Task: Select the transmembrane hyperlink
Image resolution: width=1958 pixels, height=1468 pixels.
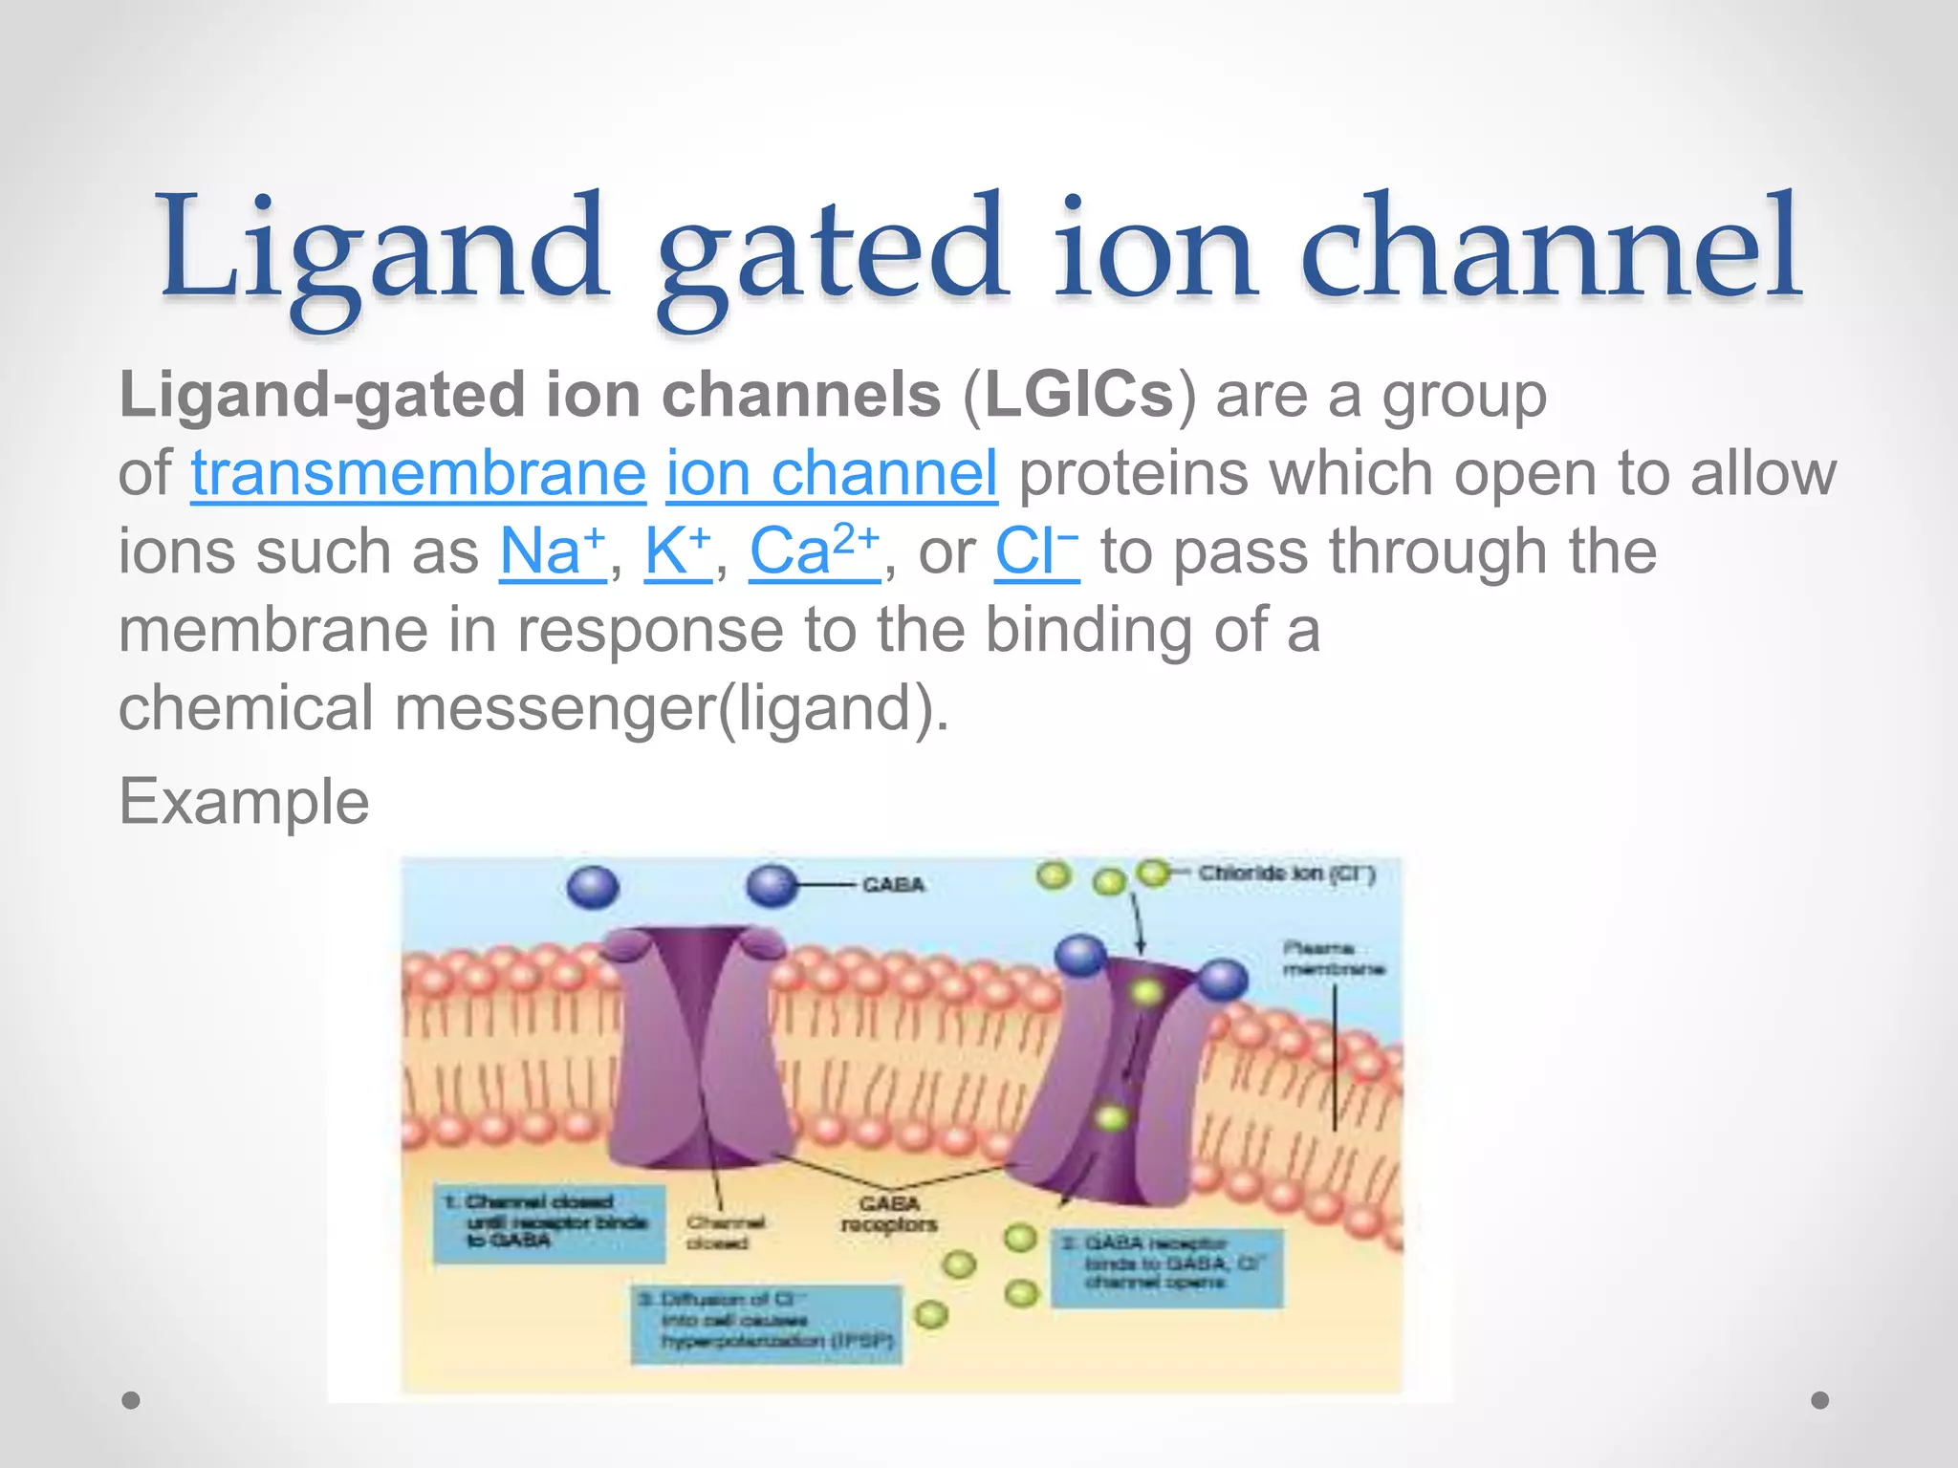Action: tap(418, 473)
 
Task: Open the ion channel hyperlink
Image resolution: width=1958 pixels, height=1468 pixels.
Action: tap(832, 473)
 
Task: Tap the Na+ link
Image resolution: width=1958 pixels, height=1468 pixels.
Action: tap(552, 551)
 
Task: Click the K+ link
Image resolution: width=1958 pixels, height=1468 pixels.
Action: tap(677, 551)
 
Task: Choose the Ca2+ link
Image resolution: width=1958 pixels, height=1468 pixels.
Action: tap(813, 551)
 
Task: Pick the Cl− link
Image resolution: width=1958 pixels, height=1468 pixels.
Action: tap(1035, 551)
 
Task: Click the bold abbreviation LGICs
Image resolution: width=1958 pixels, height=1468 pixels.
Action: tap(1078, 395)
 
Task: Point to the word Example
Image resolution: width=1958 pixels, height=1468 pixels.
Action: tap(244, 801)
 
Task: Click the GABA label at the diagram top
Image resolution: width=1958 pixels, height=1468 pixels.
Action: tap(893, 885)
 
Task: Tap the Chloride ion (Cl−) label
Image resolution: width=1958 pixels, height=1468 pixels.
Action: tap(1286, 874)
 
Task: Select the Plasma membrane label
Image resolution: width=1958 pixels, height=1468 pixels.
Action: tap(1333, 959)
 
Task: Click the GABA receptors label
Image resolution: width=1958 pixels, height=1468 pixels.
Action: tap(889, 1214)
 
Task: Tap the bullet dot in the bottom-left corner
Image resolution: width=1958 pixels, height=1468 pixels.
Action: tap(131, 1400)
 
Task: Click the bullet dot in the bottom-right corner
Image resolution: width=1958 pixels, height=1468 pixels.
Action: tap(1820, 1400)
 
